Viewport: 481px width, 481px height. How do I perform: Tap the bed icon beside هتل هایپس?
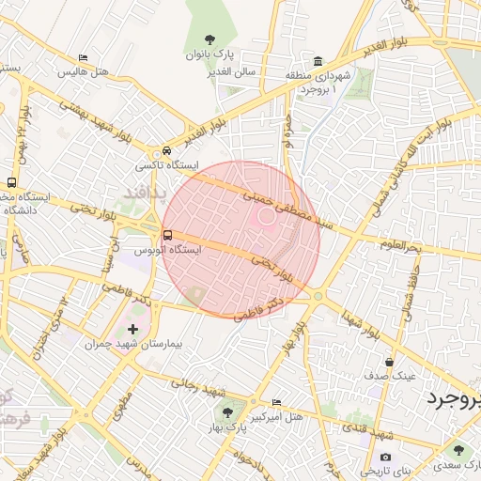click(x=84, y=58)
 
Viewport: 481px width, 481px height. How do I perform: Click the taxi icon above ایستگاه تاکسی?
click(x=166, y=150)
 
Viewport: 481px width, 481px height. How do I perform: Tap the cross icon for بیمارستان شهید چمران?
click(x=132, y=329)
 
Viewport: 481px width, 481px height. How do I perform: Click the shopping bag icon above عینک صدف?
click(x=389, y=361)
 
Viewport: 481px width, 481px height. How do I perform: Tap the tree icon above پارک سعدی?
click(x=460, y=450)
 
